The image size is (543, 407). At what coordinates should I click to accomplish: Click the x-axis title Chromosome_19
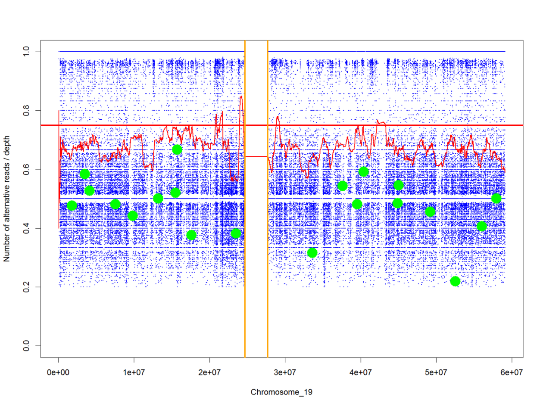pyautogui.click(x=281, y=392)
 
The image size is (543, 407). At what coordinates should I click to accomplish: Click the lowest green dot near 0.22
pyautogui.click(x=455, y=281)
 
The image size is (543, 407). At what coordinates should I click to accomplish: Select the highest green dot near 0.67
pyautogui.click(x=177, y=149)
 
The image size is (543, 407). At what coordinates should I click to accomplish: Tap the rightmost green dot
pyautogui.click(x=496, y=198)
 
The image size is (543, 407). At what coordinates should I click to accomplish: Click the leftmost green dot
pyautogui.click(x=72, y=205)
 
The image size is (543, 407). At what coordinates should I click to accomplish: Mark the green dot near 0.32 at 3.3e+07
pyautogui.click(x=312, y=253)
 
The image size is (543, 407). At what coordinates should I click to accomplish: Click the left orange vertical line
pyautogui.click(x=245, y=198)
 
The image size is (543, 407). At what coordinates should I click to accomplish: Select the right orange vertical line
pyautogui.click(x=268, y=198)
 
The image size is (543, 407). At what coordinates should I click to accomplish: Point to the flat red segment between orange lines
pyautogui.click(x=256, y=156)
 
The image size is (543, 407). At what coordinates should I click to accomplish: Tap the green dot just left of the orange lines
pyautogui.click(x=236, y=233)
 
